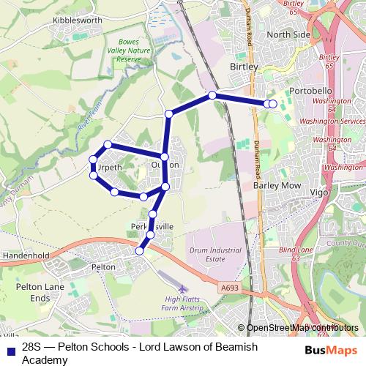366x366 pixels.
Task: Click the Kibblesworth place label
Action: point(77,20)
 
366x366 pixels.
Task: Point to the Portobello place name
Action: point(311,90)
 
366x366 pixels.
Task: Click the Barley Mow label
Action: point(277,186)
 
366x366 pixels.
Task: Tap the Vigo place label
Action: point(320,192)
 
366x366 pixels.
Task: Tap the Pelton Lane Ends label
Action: point(48,294)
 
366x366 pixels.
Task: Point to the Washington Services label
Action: point(332,121)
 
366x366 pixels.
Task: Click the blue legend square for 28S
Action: point(10,350)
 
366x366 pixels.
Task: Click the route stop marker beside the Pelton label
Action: point(139,251)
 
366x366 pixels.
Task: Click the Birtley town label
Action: point(244,67)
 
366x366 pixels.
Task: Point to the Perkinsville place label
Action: point(152,227)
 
